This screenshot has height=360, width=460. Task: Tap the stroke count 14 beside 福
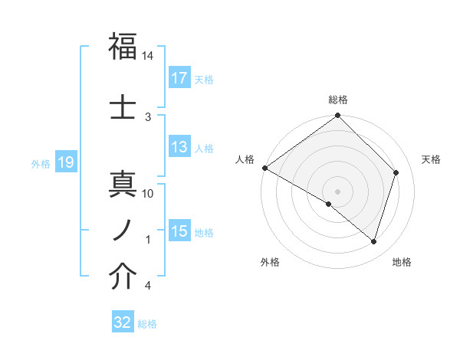coord(148,57)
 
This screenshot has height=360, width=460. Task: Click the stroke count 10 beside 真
coord(148,193)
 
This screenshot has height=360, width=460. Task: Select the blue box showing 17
coord(179,78)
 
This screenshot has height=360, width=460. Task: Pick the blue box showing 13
coord(179,148)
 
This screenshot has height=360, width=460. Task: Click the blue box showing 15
coord(179,231)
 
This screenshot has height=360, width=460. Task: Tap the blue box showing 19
coord(65,162)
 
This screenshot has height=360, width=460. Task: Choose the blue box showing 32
coord(123,322)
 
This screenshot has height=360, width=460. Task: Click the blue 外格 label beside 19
coord(41,163)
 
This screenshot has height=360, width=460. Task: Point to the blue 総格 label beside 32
coord(147,323)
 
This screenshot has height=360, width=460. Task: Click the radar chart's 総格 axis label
coord(337,100)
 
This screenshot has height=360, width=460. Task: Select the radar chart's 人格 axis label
coord(245,159)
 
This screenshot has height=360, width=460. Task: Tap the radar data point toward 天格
coord(396,172)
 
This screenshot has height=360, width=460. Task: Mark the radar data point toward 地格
coord(373,241)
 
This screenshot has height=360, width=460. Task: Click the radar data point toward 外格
coord(329,204)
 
